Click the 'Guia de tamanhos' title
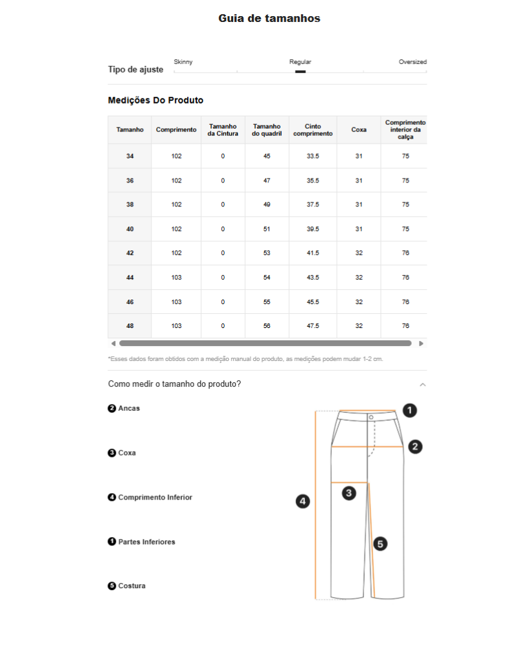tap(269, 19)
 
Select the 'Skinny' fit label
tap(183, 62)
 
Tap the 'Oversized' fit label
tap(412, 62)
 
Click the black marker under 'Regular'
tap(300, 72)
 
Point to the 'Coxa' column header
tap(359, 130)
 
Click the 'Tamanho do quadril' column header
tap(267, 130)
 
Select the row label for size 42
tap(130, 253)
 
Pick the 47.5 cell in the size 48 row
tap(313, 326)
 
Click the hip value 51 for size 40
tap(267, 229)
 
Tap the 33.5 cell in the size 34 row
tap(313, 157)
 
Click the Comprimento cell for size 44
tap(176, 278)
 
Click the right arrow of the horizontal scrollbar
tap(421, 344)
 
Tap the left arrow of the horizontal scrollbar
tap(113, 344)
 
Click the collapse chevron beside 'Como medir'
tap(422, 384)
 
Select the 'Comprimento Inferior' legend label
tap(155, 498)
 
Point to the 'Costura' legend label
tap(131, 586)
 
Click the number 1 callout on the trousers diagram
tap(409, 410)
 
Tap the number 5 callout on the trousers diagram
tap(381, 544)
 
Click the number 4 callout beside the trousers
tap(302, 501)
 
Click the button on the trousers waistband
tap(371, 417)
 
